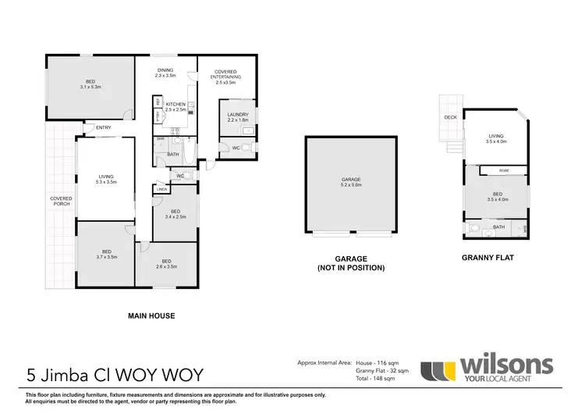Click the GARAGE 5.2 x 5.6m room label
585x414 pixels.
pyautogui.click(x=352, y=184)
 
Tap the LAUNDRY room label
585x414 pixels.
pyautogui.click(x=236, y=117)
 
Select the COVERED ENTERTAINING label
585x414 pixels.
pyautogui.click(x=226, y=77)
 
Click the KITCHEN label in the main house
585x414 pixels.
pyautogui.click(x=175, y=107)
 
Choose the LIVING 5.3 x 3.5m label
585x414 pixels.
pyautogui.click(x=106, y=179)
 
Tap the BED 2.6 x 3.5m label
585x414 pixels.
pyautogui.click(x=166, y=264)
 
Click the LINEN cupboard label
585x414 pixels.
pyautogui.click(x=161, y=189)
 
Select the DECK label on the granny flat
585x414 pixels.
pyautogui.click(x=450, y=118)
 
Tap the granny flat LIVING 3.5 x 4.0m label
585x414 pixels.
pyautogui.click(x=496, y=139)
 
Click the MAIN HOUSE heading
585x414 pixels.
pyautogui.click(x=151, y=316)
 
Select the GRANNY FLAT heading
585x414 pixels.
pyautogui.click(x=487, y=256)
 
